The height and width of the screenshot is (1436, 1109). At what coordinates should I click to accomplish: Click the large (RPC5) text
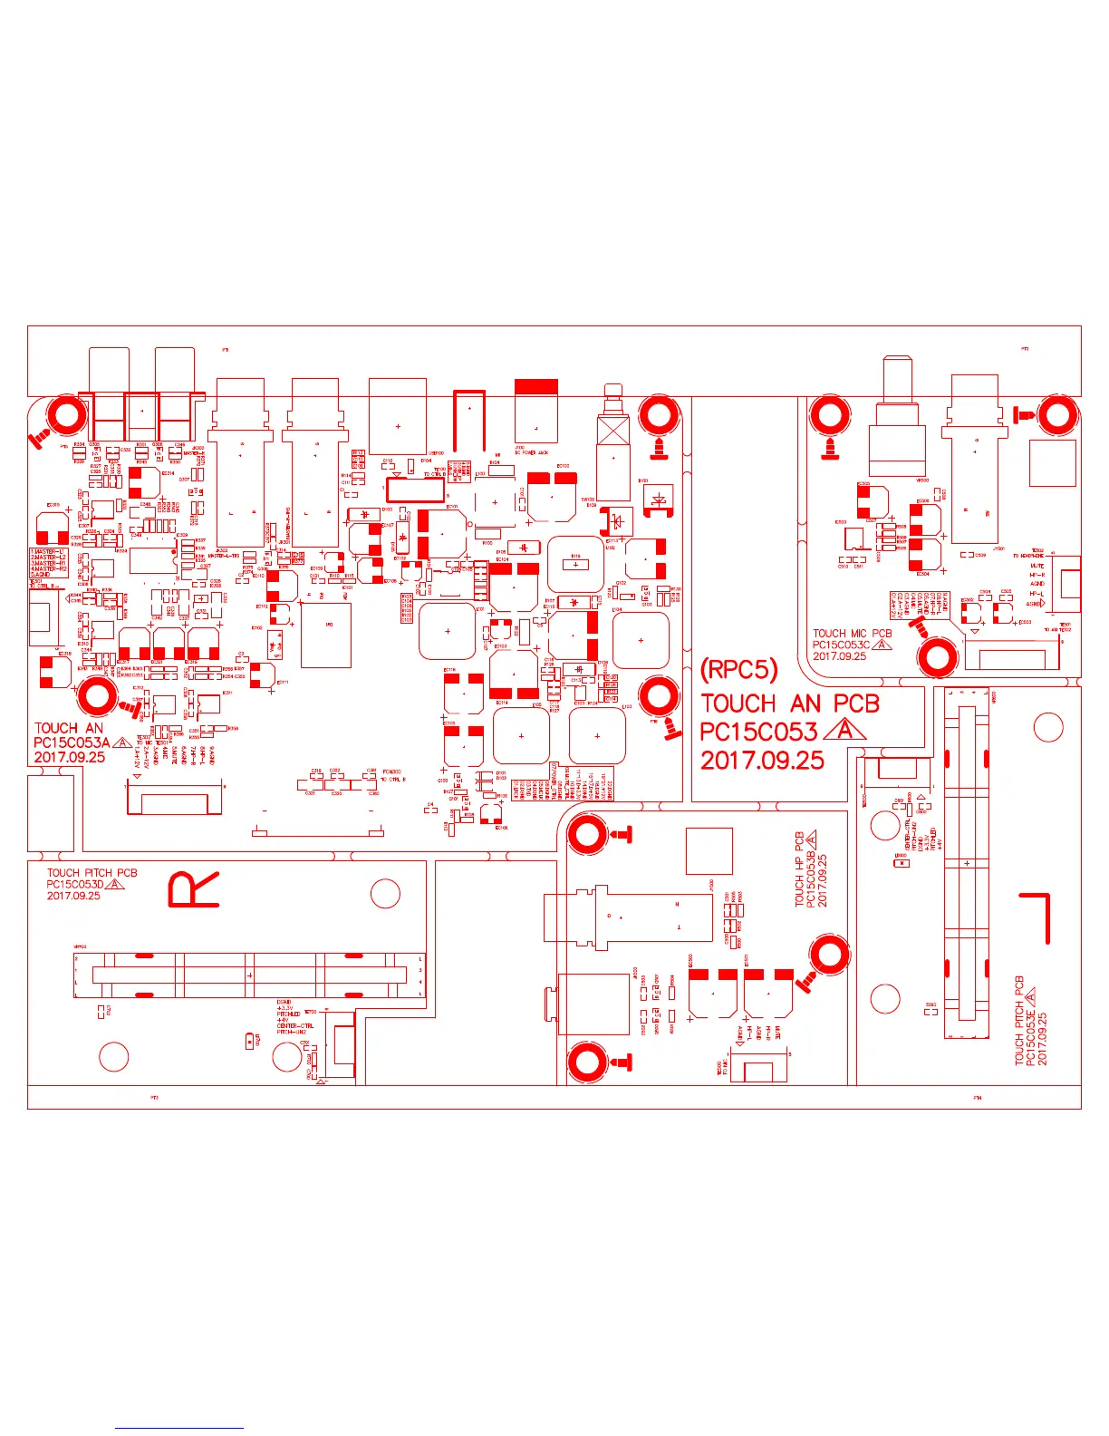point(738,670)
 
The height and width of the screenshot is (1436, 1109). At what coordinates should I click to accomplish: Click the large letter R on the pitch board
point(193,889)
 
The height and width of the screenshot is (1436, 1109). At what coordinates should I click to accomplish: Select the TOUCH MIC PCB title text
point(852,634)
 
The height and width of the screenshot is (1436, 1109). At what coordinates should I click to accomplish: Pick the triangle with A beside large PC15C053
point(845,730)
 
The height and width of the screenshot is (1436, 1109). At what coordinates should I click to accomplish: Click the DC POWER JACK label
point(531,452)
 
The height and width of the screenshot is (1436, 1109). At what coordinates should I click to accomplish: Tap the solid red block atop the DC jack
point(535,386)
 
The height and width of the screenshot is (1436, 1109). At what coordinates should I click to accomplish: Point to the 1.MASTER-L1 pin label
point(48,551)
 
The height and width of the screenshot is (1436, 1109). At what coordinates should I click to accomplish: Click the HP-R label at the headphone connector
point(1037,575)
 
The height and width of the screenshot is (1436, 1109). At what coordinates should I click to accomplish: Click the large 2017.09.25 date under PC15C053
point(762,761)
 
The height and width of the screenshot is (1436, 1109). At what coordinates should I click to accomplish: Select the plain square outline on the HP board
point(709,851)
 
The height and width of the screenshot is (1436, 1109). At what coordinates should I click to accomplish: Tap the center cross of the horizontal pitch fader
point(249,975)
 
